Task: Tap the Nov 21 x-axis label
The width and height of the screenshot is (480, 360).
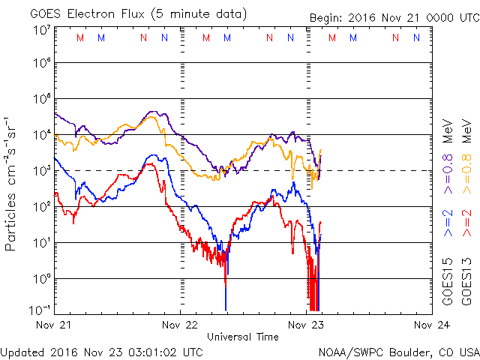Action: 54,325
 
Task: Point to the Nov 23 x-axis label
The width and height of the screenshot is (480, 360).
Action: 306,325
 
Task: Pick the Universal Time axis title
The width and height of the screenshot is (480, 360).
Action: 243,337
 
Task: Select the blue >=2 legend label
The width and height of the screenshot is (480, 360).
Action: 448,223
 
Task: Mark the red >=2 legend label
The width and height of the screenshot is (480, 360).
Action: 466,223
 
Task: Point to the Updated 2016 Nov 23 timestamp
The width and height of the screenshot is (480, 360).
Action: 101,351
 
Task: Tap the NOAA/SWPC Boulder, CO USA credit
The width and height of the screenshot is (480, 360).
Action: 398,351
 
